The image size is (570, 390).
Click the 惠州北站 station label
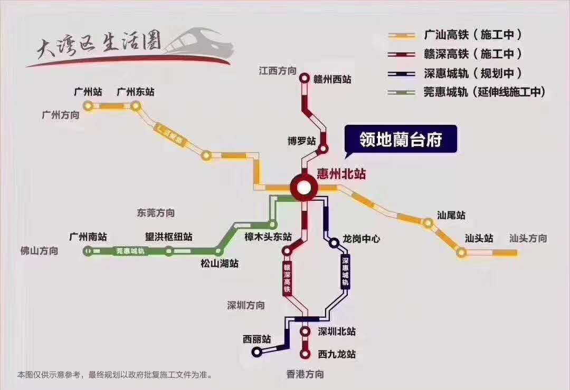341,174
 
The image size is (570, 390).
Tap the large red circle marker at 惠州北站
303,187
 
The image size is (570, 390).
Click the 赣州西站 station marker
305,79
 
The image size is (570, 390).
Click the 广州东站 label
136,92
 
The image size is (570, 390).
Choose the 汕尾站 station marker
427,223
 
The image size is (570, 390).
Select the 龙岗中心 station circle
334,243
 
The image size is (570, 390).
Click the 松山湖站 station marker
218,251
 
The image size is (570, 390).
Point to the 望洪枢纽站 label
169,237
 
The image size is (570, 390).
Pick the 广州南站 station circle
88,251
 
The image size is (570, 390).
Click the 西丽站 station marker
256,352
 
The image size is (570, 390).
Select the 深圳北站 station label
337,331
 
